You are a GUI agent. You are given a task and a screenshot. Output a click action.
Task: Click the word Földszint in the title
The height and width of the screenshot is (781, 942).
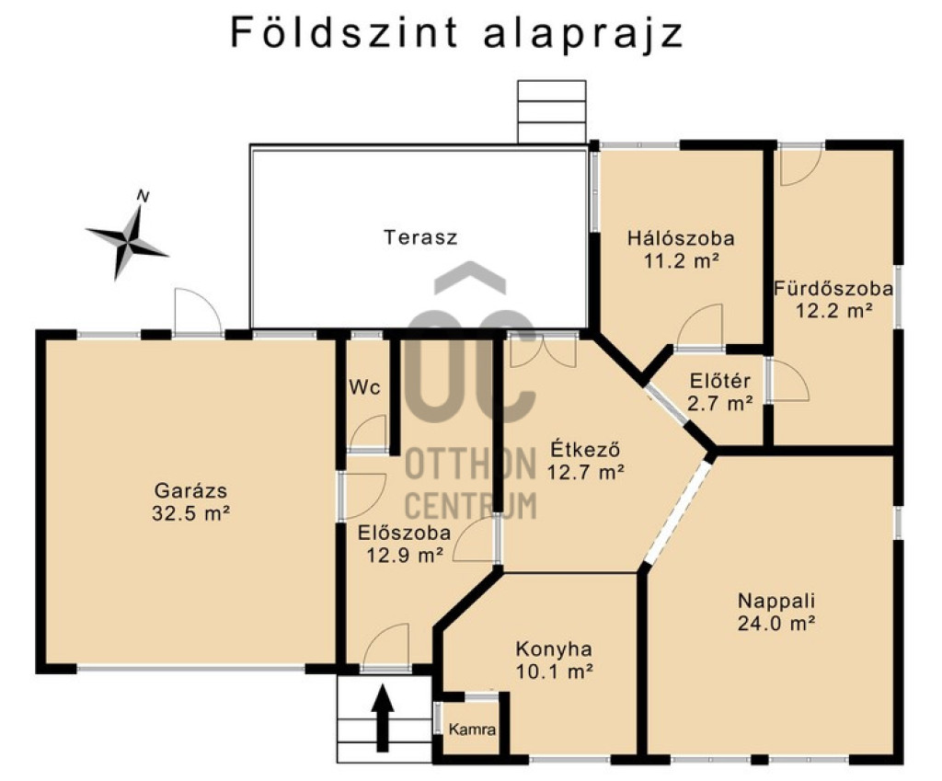coord(345,32)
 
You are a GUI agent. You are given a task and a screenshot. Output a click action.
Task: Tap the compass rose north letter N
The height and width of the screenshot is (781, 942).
coord(143,196)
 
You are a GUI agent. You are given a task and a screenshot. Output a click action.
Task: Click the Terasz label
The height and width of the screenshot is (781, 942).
coord(420,236)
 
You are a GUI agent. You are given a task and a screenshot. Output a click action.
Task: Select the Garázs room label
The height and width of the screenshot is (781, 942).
coord(191,491)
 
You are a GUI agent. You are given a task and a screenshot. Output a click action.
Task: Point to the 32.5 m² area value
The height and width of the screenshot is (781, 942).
coord(191,513)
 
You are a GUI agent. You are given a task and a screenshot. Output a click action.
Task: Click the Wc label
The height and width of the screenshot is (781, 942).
coord(364,387)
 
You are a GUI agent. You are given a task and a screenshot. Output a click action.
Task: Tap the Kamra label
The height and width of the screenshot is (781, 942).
coord(472,729)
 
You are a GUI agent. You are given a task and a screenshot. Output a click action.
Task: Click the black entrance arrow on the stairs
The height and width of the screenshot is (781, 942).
coord(382,719)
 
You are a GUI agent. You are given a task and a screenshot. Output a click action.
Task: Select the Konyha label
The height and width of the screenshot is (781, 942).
coord(554,649)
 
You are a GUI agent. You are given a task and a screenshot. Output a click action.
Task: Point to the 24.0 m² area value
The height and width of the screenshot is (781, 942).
coord(776,623)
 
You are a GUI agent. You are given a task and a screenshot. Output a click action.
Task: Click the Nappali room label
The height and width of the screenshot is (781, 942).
coord(776,600)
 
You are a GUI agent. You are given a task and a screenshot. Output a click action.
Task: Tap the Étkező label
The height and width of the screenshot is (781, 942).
coord(585,449)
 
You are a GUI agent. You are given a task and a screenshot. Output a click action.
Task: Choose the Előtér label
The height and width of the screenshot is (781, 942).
coord(719,381)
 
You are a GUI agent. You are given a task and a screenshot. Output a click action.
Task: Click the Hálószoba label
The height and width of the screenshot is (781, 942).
coord(682,238)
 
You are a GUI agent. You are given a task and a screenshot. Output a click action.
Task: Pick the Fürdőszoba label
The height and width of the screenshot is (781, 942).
coord(833,288)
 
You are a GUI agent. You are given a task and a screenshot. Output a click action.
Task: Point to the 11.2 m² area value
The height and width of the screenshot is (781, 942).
coord(682,260)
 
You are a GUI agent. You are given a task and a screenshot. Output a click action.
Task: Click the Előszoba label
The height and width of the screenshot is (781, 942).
coord(405,533)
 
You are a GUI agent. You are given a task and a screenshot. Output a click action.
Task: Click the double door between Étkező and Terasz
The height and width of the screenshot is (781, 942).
coord(543,350)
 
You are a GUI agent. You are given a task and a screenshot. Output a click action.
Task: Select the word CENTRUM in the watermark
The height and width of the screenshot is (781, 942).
coord(471,505)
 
